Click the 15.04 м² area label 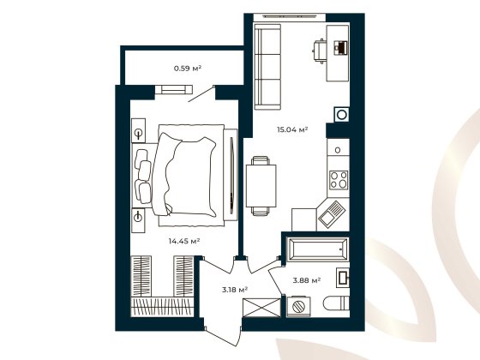pos(291,130)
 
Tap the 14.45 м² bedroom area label pos(184,242)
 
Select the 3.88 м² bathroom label pos(307,279)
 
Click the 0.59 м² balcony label pos(187,68)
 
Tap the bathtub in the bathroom pos(318,250)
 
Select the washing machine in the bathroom pos(298,306)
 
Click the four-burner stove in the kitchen pos(338,181)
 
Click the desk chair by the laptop pos(319,51)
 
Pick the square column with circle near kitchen pos(342,114)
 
